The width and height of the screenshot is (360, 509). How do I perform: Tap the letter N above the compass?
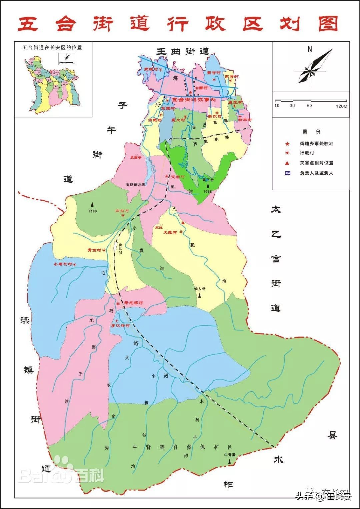pos(310,49)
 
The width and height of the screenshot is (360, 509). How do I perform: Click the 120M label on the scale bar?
pos(341,106)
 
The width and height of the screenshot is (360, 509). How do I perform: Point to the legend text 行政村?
pos(307,153)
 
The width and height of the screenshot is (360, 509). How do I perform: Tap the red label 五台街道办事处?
pos(193,100)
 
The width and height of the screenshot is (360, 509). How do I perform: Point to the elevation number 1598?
pos(93,211)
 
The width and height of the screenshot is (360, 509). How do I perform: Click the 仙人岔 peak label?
pos(199,288)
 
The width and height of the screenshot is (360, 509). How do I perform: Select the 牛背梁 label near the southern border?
pos(230,454)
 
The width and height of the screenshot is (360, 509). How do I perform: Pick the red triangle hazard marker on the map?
pos(183,222)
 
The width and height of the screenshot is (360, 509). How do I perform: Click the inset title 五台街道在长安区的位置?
pos(52,47)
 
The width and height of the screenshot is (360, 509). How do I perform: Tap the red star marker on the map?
pos(190,92)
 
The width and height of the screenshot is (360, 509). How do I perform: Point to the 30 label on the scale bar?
pos(292,106)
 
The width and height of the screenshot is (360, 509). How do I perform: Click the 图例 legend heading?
pos(311,132)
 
